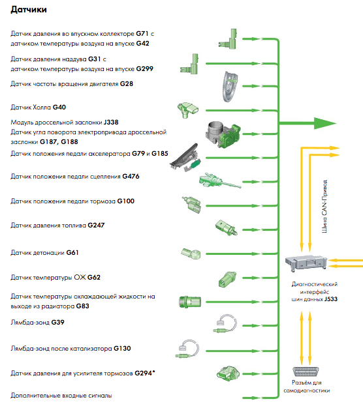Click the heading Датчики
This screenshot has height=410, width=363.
tap(29, 10)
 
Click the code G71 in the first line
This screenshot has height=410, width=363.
tap(142, 34)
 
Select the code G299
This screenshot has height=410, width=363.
tap(144, 69)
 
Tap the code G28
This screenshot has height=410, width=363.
tap(127, 84)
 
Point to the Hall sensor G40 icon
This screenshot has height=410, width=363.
tap(187, 110)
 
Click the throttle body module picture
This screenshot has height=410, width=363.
tap(223, 134)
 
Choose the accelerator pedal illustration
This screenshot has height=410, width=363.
tap(185, 157)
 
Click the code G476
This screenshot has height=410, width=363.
tap(131, 177)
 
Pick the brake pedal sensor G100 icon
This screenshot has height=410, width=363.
tap(191, 205)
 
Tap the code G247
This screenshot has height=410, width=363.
tap(96, 226)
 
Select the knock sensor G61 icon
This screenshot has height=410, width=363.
tap(191, 254)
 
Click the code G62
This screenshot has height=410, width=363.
tap(94, 278)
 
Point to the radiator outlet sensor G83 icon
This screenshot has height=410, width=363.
tap(190, 302)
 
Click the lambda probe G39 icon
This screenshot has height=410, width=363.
tap(225, 324)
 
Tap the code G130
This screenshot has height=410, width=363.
tap(122, 349)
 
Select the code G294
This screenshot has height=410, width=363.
tap(143, 373)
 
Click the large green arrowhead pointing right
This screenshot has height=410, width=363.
tap(324, 123)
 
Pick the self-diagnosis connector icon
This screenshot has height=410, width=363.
tap(306, 372)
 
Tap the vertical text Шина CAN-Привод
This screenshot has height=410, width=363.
tap(324, 206)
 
